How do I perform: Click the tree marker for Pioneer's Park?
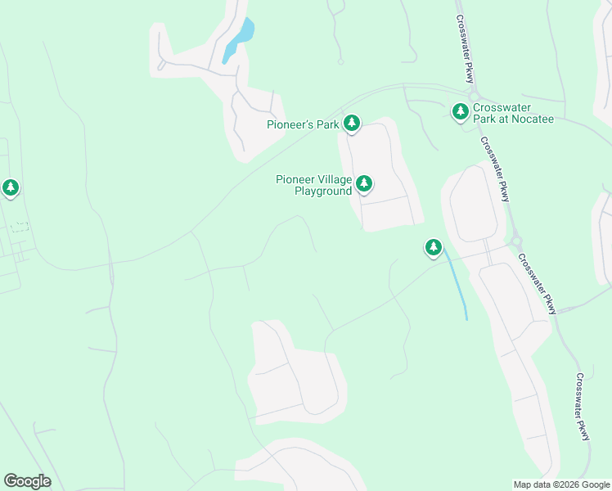point(352,124)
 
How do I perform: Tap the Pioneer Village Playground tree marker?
point(364,184)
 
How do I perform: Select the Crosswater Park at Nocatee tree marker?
point(461,111)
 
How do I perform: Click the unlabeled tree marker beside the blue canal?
point(433,247)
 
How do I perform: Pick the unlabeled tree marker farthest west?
point(11,188)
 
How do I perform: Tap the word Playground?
point(323,191)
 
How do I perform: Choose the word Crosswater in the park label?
point(502,108)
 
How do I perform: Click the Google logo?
point(27,481)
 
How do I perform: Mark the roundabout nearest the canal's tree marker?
point(515,241)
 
